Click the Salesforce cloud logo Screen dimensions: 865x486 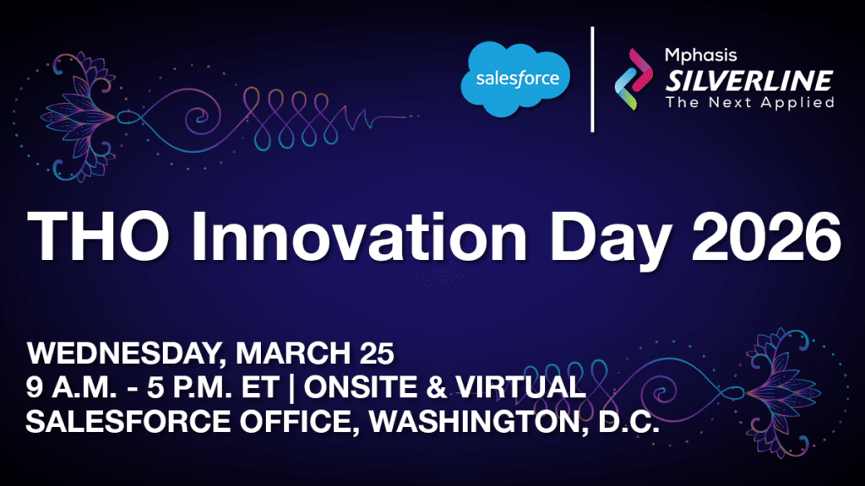pos(515,78)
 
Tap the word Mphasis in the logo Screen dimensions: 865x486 pos(700,55)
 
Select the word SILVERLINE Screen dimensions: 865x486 pos(748,81)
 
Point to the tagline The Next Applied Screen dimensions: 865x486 pos(750,102)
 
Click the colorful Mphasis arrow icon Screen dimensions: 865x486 pos(634,78)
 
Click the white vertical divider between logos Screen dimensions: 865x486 pos(592,79)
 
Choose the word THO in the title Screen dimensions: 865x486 pos(98,237)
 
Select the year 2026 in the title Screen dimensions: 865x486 pos(766,237)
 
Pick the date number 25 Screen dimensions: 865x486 pos(377,354)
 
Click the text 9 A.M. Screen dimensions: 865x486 pos(71,387)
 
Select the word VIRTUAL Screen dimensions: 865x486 pos(520,387)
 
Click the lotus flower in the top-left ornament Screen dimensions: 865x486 pos(80,116)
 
